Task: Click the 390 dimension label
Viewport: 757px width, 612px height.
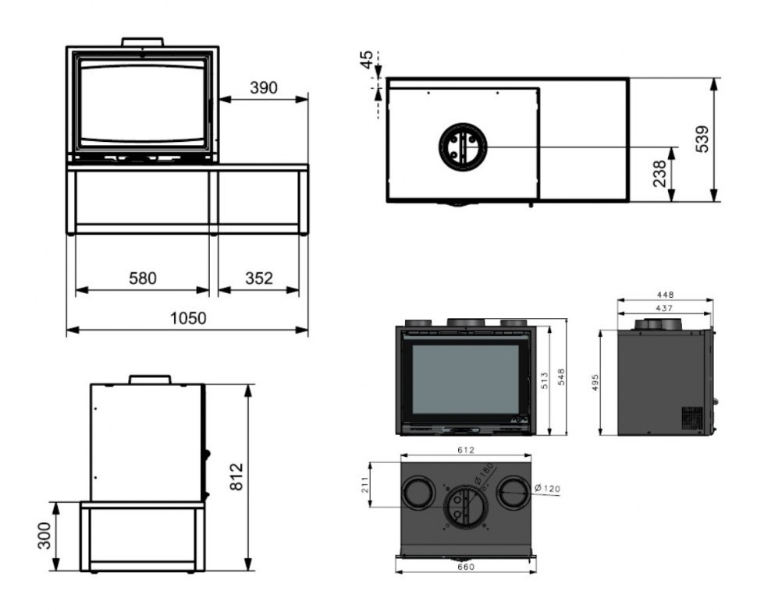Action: (264, 87)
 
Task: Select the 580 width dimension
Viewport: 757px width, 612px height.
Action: (143, 278)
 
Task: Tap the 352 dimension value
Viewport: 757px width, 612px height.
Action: (259, 278)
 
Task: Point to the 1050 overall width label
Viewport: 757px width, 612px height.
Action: (188, 318)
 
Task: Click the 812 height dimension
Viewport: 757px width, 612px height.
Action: (236, 476)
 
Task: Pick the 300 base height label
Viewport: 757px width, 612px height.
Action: (44, 536)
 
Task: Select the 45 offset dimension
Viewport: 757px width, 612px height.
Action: (367, 59)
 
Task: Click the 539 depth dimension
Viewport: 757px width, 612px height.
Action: (702, 139)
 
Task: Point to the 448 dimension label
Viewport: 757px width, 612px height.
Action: (665, 294)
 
